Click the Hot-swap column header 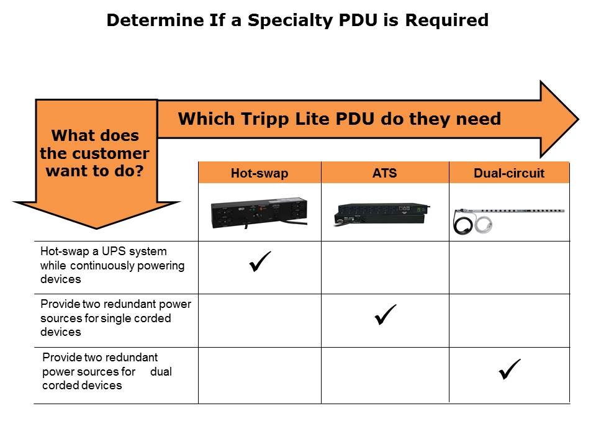[x=260, y=173]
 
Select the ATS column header [x=385, y=173]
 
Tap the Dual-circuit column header [x=509, y=173]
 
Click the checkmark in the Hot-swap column [x=260, y=261]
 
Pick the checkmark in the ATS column [x=386, y=315]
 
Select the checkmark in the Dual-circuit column [x=510, y=369]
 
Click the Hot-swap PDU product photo [x=260, y=213]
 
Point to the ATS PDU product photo [x=382, y=215]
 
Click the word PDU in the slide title [x=358, y=20]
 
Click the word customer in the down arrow [x=111, y=153]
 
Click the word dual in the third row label [x=161, y=371]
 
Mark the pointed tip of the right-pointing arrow [x=579, y=119]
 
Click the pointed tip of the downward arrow [x=97, y=228]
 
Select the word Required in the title [x=446, y=20]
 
